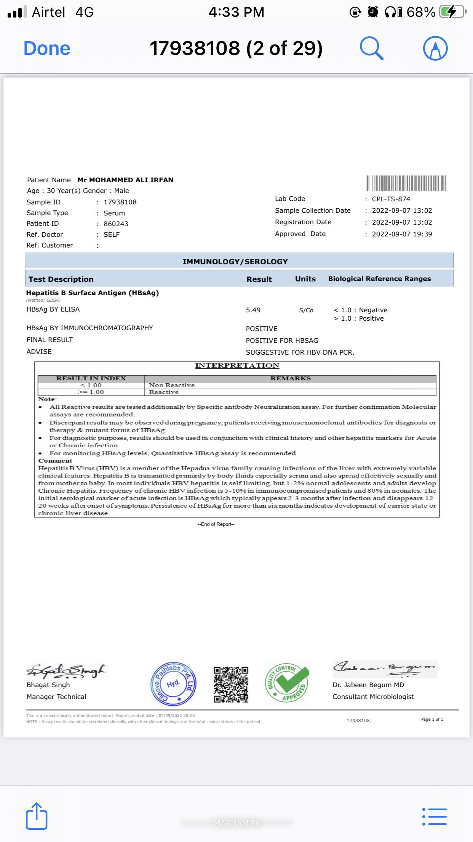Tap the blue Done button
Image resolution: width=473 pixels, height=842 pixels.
(x=47, y=48)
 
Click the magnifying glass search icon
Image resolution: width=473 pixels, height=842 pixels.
(x=371, y=48)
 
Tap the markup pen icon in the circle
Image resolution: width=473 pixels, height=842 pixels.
(x=435, y=48)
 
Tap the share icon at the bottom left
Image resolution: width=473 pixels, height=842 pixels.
(x=37, y=816)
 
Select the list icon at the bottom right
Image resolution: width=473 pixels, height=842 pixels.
(x=435, y=816)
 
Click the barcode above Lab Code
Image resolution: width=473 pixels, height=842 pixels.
(x=406, y=183)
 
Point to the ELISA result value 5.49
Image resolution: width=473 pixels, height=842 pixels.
(x=253, y=310)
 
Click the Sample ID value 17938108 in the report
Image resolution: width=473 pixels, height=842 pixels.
(x=120, y=202)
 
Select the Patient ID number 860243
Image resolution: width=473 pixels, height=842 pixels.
(x=116, y=224)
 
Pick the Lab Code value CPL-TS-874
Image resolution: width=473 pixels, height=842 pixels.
(x=391, y=199)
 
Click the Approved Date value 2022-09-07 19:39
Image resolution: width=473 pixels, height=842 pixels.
(x=402, y=234)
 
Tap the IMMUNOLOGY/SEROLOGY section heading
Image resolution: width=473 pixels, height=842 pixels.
(x=235, y=262)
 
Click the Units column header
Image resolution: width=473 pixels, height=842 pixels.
(x=305, y=279)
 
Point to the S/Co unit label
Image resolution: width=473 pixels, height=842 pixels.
(x=306, y=310)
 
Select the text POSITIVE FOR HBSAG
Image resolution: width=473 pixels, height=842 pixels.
(x=282, y=341)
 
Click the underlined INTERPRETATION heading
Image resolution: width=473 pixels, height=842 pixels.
(x=237, y=366)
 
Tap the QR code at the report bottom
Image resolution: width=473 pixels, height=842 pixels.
(x=231, y=685)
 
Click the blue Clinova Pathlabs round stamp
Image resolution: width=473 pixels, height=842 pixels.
(x=174, y=684)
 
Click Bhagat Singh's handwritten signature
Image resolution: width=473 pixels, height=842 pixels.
(x=66, y=672)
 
